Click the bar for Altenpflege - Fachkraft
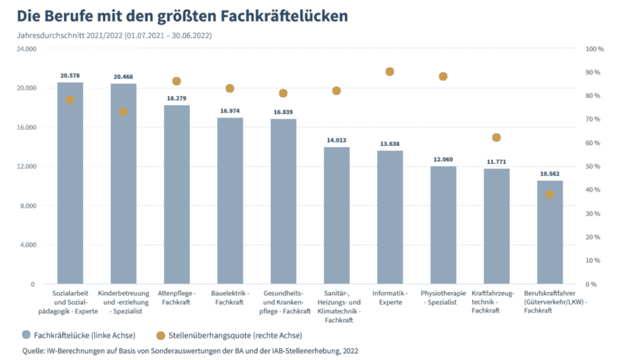[176, 195]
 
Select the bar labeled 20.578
[70, 183]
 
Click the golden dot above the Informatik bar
[390, 72]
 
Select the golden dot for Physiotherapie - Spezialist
[443, 76]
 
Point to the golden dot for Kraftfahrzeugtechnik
[496, 137]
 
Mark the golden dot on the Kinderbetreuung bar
[123, 112]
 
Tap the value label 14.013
[336, 140]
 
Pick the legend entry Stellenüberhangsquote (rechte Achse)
[229, 335]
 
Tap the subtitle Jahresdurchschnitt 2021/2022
[70, 35]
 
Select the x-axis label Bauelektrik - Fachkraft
[229, 298]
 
